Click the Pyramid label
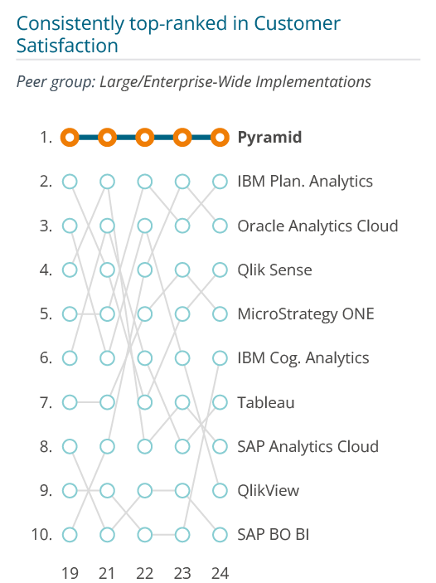[269, 138]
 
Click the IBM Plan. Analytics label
[305, 182]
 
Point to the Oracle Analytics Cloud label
[317, 226]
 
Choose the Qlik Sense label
[274, 270]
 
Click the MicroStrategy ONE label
[306, 314]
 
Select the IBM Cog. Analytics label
[303, 358]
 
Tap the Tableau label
[266, 403]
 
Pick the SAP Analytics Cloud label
[308, 446]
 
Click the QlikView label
[269, 491]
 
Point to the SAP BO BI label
[274, 535]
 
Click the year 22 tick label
[144, 573]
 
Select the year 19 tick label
[70, 573]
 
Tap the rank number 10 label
[41, 535]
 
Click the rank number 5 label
[46, 314]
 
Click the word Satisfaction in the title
[67, 46]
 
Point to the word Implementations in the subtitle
[313, 82]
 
